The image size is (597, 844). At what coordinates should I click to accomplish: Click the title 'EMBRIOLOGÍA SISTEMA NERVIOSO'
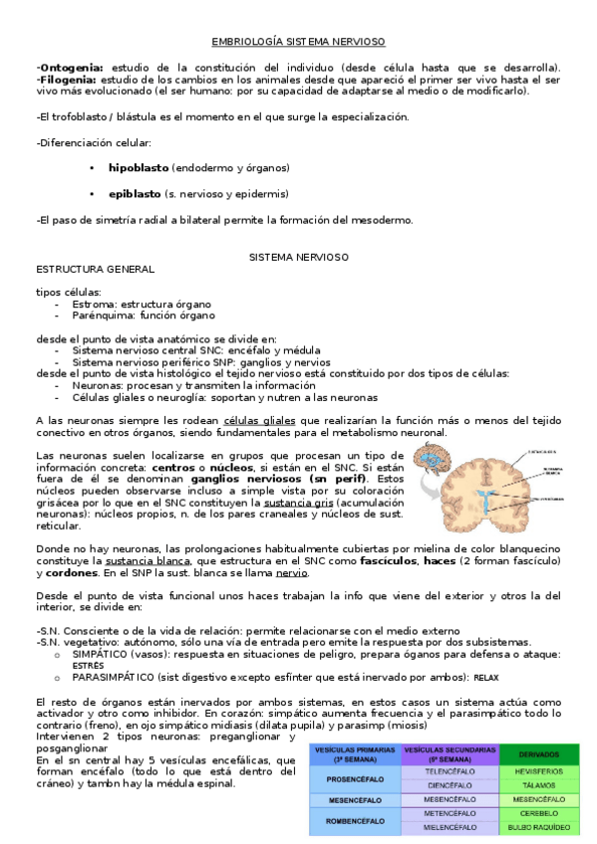point(298,41)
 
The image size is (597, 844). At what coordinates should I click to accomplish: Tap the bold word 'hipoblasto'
point(139,168)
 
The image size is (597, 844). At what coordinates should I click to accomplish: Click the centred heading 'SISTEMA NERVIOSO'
point(298,257)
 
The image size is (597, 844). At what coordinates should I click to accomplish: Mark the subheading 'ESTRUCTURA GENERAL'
point(95,269)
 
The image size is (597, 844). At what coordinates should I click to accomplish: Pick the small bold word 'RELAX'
point(485,678)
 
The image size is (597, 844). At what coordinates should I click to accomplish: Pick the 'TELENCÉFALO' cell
point(449,770)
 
